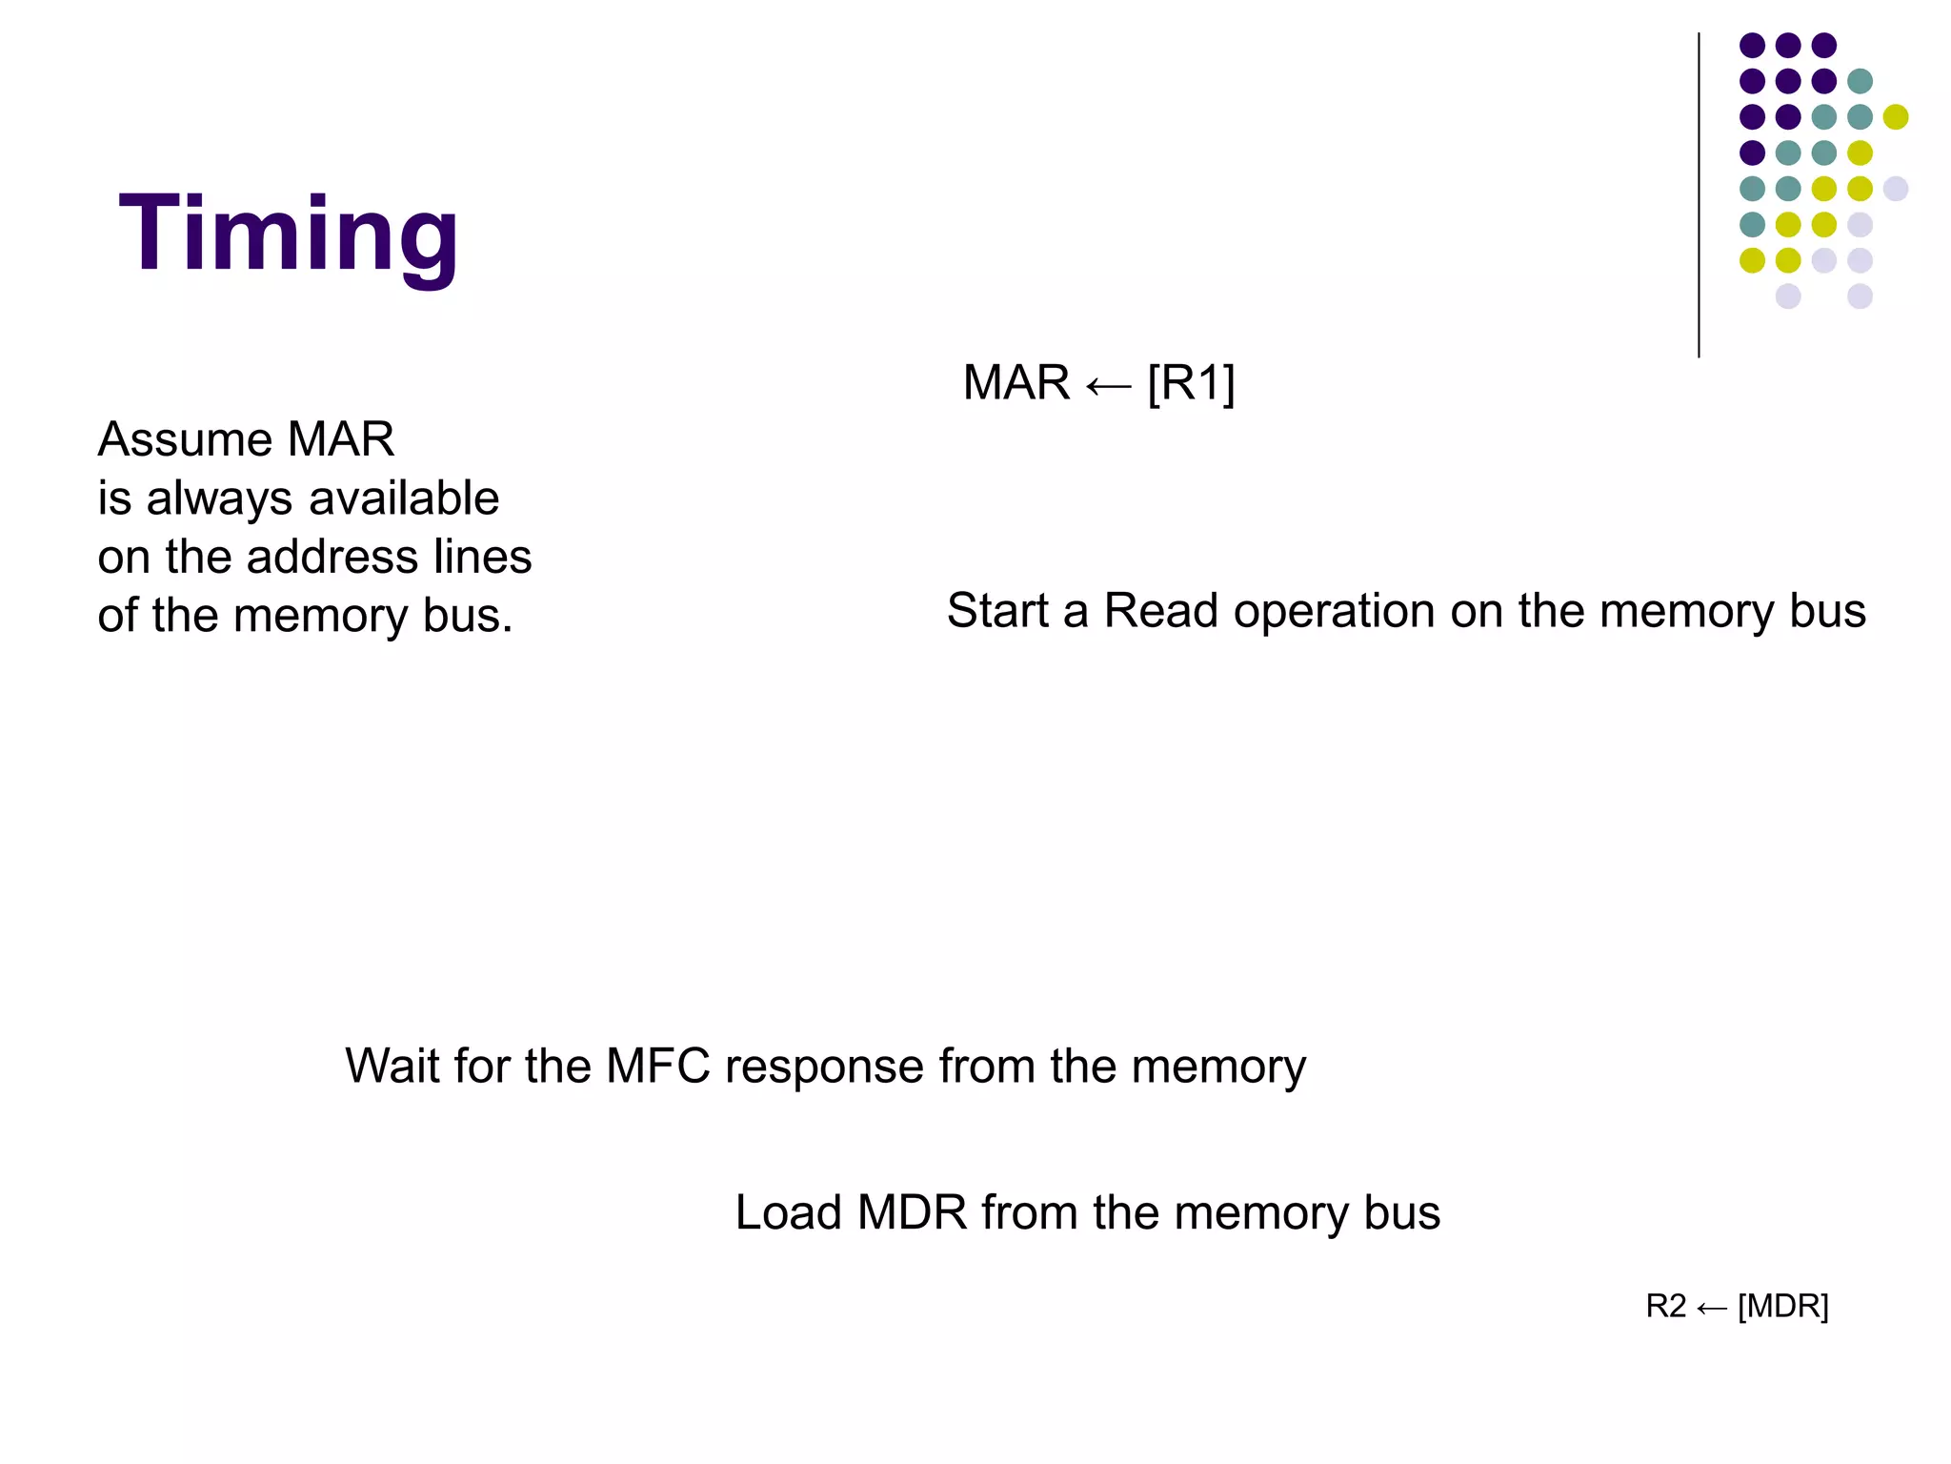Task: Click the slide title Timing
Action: [289, 234]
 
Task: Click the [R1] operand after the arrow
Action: [1191, 383]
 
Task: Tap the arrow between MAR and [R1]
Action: [1108, 386]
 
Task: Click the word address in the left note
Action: [332, 557]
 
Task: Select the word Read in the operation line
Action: [1160, 611]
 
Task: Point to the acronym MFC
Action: [658, 1066]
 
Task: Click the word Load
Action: [788, 1213]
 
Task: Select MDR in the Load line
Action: [912, 1213]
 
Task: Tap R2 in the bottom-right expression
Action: [1665, 1306]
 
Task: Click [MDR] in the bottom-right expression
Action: [1782, 1306]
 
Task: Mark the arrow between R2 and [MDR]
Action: [1712, 1309]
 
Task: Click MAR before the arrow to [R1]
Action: [1016, 383]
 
